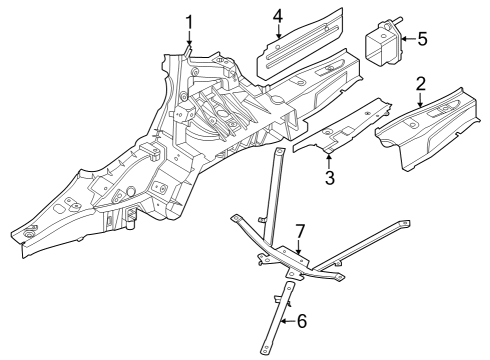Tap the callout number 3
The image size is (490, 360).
(x=328, y=178)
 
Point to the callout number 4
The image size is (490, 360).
(x=278, y=15)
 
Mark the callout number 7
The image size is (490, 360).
(x=299, y=232)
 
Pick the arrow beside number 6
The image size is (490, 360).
(x=286, y=321)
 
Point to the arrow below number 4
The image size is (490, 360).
(x=278, y=34)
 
